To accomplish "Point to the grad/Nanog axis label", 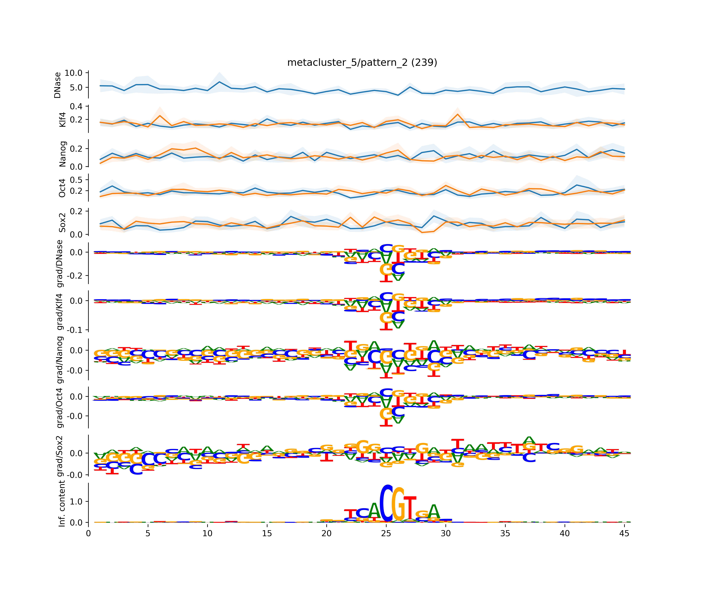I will tap(60, 359).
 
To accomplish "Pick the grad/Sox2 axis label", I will tap(60, 456).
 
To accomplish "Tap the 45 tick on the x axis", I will tap(624, 533).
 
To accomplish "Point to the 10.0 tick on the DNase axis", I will tap(73, 73).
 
